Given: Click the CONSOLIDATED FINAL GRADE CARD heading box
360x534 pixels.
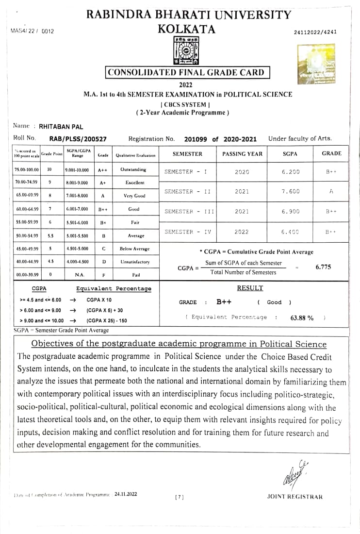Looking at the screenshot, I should (187, 73).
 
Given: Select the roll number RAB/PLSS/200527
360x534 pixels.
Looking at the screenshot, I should (78, 139).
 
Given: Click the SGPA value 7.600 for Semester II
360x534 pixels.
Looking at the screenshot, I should (291, 191).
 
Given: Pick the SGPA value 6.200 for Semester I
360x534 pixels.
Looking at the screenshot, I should (291, 171).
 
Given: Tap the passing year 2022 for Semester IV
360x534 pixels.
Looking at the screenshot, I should (242, 232).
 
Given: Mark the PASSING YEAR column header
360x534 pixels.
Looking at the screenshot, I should (242, 154).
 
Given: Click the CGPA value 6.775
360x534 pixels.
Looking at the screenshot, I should (323, 267).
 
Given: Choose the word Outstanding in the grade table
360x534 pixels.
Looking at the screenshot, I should (133, 170).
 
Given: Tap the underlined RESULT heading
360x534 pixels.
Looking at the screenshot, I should (250, 288).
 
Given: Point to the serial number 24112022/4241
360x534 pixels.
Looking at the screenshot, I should (315, 32).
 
